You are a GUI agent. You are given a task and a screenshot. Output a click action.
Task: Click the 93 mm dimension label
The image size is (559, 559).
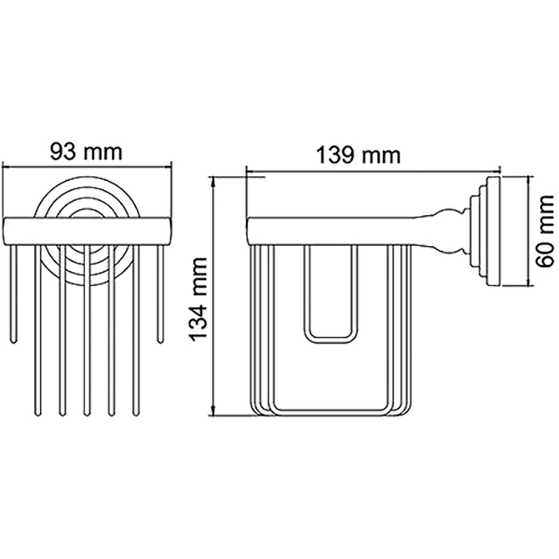click(x=86, y=152)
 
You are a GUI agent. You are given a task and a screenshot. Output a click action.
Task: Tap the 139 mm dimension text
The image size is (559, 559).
click(x=358, y=156)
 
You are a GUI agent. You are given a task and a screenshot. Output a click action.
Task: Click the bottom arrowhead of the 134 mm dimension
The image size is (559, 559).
click(x=213, y=410)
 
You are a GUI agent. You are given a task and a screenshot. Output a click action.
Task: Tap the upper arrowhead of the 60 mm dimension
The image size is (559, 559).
click(x=528, y=181)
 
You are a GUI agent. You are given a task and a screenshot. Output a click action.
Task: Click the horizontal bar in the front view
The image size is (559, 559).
click(x=88, y=231)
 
